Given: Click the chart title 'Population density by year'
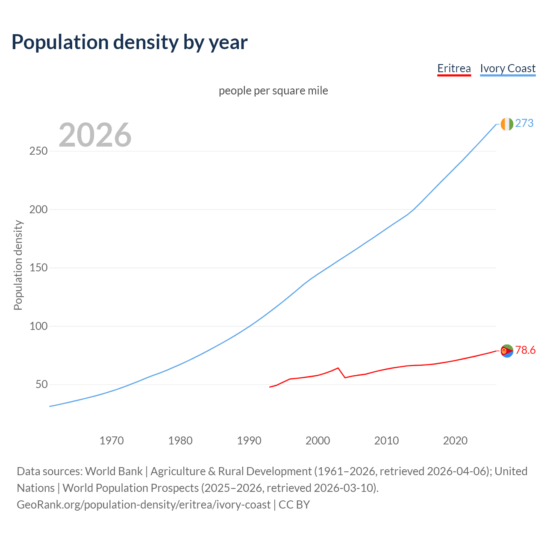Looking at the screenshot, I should click(129, 42).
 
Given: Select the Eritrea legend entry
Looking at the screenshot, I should click(454, 68).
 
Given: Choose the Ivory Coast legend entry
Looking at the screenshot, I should click(508, 68).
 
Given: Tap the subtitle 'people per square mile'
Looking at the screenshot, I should click(273, 91).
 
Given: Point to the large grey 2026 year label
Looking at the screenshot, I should click(95, 135).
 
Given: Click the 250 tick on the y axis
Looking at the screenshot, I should click(38, 151).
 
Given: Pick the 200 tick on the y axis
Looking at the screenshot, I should click(38, 209).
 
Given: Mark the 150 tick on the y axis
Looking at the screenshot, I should click(38, 268).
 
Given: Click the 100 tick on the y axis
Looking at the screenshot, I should click(38, 326).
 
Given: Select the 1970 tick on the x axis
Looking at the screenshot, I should click(112, 441).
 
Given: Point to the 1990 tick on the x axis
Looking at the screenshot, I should click(249, 441).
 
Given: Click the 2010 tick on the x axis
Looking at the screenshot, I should click(386, 441).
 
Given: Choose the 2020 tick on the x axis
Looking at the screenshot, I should click(455, 441).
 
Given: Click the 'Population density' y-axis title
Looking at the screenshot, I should click(18, 265).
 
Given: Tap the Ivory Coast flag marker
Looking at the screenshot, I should click(506, 124).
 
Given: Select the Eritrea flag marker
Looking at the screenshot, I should click(506, 351).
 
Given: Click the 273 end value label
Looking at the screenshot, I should click(524, 124).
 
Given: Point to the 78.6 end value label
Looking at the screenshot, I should click(525, 350).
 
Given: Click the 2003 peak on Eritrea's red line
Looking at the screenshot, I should click(338, 368).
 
